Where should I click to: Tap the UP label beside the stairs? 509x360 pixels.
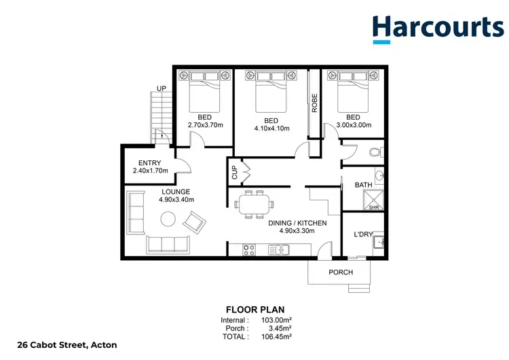coord(162,89)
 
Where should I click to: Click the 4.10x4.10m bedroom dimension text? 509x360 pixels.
coord(271,128)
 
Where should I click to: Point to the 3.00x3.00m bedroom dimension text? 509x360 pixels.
coord(353,125)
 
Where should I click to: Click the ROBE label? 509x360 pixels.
coord(314,102)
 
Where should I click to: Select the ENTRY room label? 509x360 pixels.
coord(149,163)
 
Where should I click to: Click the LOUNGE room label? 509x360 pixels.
coord(175,192)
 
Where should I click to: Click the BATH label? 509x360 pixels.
coord(363,185)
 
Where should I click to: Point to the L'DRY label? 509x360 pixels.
coord(364,234)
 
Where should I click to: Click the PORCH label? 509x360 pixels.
coord(341,272)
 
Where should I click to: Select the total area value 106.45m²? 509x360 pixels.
coord(278,336)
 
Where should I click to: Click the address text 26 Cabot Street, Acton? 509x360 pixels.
coord(58,345)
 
